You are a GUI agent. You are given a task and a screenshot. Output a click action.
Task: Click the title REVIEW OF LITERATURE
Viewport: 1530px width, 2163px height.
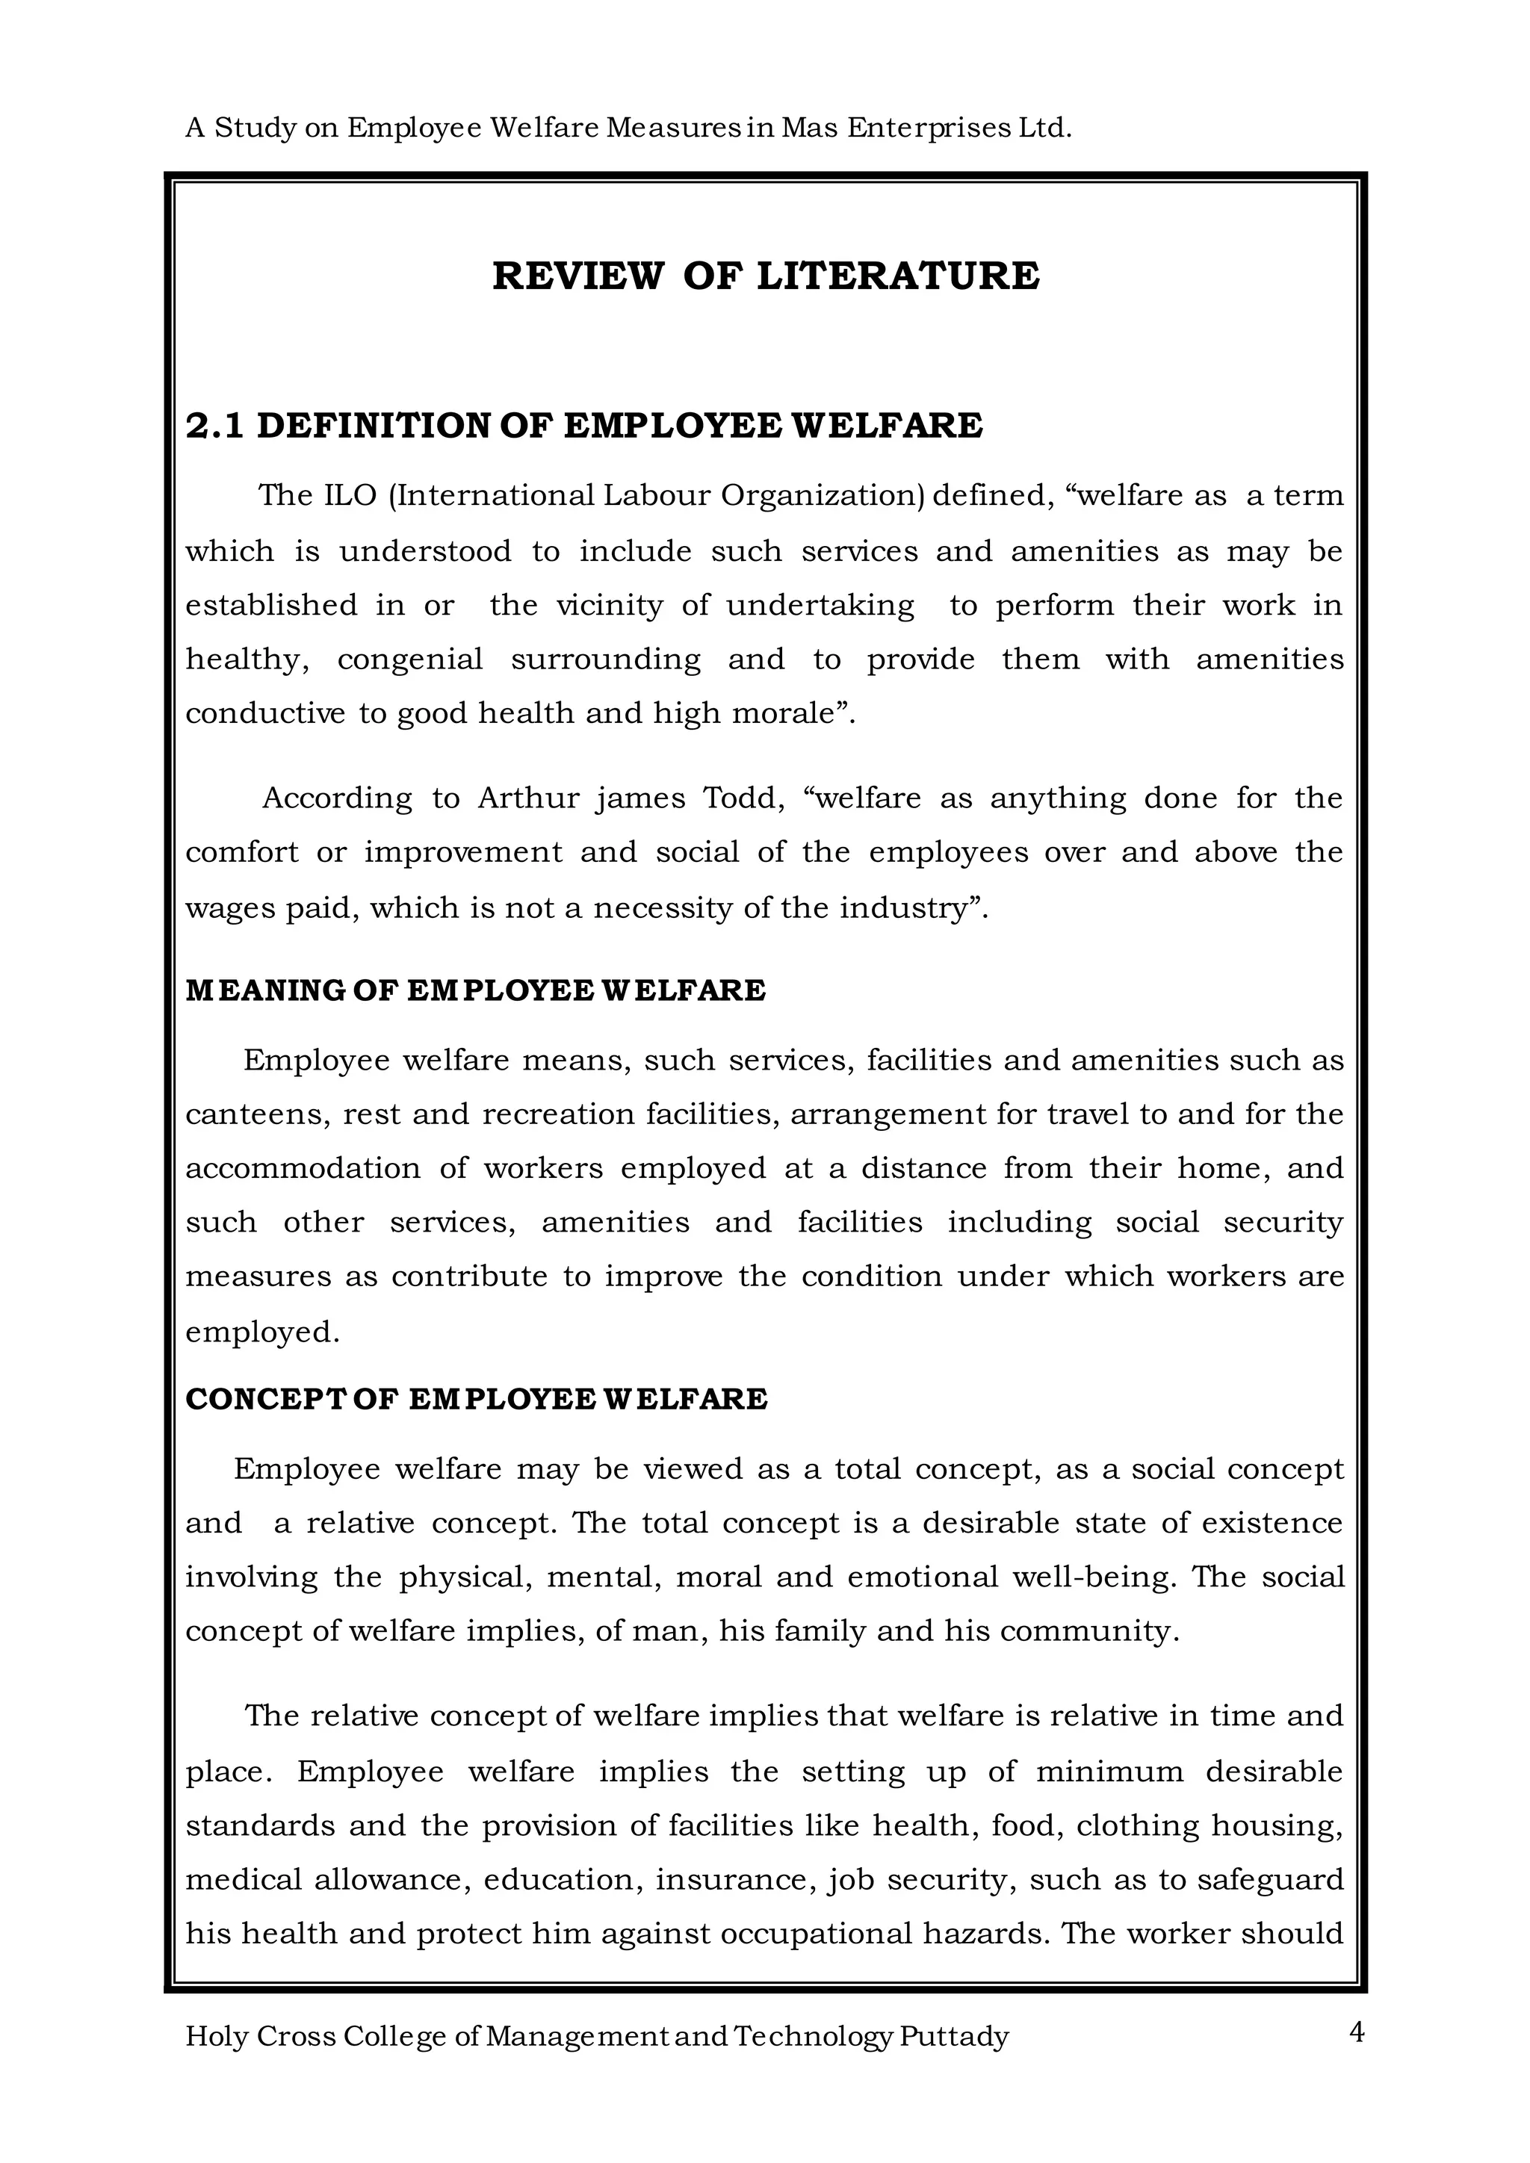pos(765,276)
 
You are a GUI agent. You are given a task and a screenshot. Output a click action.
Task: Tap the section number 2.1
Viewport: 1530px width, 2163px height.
pos(215,426)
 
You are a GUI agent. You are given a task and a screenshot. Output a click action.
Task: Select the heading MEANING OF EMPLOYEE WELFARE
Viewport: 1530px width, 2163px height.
pos(475,991)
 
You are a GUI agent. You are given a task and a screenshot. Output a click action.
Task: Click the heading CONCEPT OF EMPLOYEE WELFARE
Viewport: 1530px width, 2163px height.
pos(476,1399)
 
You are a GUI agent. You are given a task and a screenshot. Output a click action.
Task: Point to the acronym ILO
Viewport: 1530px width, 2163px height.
pos(350,495)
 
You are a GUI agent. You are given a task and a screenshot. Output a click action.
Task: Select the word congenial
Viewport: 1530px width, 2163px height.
pos(410,660)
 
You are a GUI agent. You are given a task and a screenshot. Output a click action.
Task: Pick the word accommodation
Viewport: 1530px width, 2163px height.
pos(302,1169)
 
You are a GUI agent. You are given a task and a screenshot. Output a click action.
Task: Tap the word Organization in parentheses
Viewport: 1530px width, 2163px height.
pos(823,495)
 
